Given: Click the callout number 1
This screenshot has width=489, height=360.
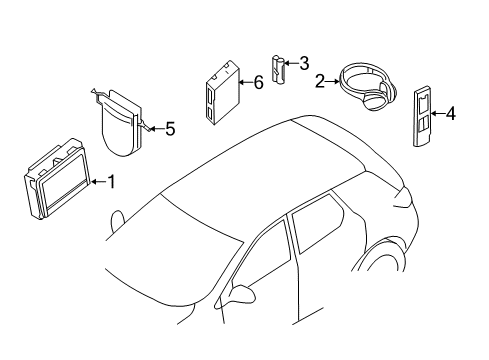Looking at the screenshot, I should (x=112, y=181).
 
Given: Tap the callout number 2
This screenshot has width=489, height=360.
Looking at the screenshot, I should (x=320, y=81).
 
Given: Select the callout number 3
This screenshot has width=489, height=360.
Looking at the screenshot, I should (x=304, y=63).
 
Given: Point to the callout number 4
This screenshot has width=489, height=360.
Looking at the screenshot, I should (x=451, y=114).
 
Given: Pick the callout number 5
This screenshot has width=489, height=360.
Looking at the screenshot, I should (x=170, y=128).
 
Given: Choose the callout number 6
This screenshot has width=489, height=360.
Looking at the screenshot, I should (x=258, y=83).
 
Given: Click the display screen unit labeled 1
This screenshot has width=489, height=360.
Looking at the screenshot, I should (x=58, y=176).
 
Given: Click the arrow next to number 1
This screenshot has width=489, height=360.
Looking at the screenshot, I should (x=97, y=181).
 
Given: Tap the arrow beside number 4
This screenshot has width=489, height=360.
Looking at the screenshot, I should (x=438, y=114).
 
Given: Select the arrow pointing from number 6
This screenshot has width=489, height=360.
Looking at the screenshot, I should (x=244, y=83).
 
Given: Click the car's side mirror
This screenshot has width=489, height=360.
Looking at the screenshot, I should (x=243, y=293).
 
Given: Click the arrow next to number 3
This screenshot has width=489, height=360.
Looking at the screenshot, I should (x=291, y=64).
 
